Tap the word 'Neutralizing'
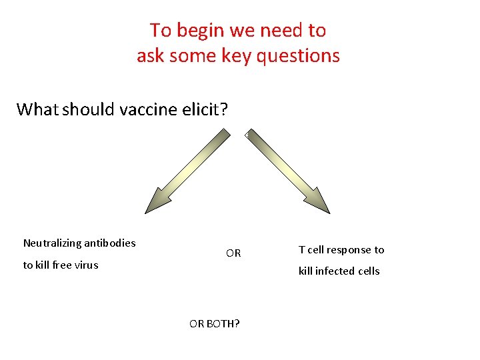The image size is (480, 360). click(51, 243)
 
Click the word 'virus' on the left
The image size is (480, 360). click(85, 265)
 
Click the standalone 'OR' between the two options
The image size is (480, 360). click(233, 253)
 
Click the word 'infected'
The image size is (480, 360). click(338, 271)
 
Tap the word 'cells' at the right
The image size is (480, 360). click(369, 271)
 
